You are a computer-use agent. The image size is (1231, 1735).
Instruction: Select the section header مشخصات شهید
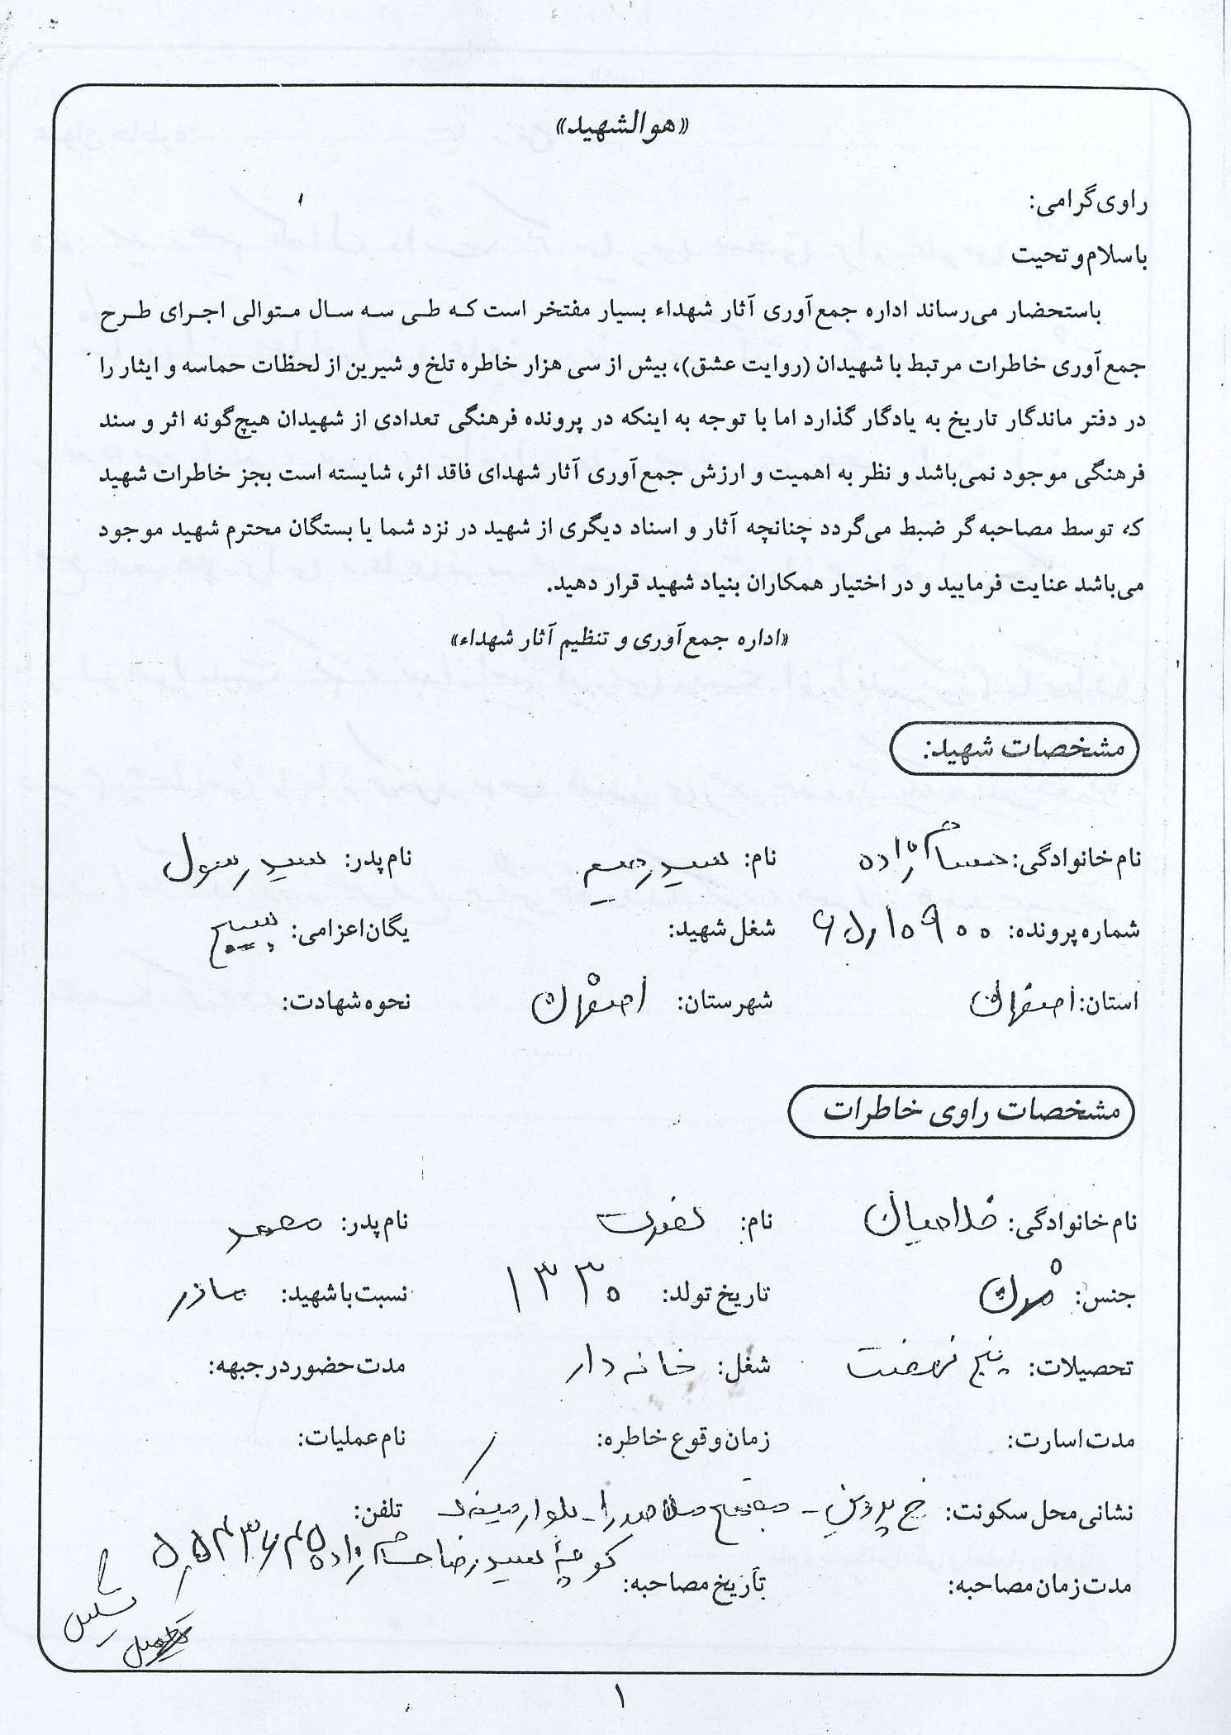[1014, 749]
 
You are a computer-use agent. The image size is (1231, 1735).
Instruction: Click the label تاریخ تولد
[715, 1294]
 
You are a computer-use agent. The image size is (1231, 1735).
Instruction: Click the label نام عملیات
[353, 1438]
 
